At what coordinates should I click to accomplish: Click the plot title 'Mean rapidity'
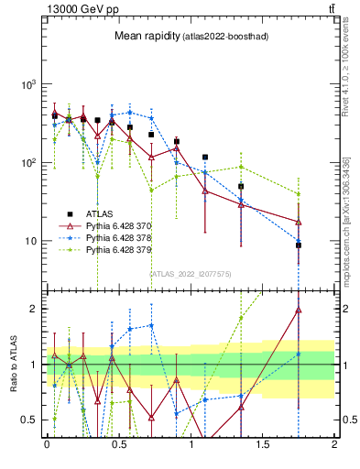click(x=145, y=37)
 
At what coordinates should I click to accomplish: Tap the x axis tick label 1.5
click(x=262, y=444)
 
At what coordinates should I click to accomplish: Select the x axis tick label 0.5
click(x=119, y=444)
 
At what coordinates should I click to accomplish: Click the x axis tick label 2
click(x=334, y=444)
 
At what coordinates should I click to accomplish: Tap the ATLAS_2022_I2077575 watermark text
click(x=190, y=273)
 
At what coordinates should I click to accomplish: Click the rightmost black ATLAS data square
click(x=299, y=245)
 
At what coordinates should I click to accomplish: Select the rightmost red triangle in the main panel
click(x=299, y=222)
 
